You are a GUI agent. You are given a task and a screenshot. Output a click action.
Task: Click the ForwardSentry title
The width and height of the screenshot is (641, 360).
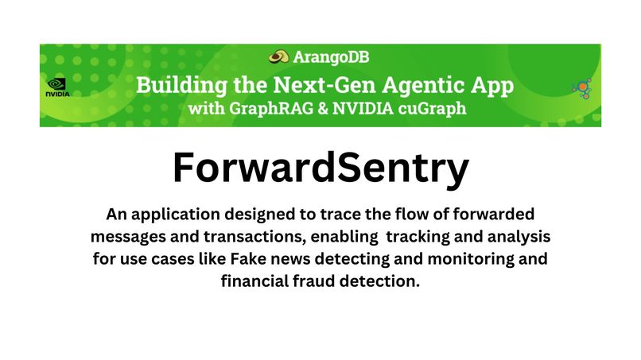[320, 168]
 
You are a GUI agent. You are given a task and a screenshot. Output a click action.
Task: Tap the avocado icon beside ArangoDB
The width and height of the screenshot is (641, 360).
[278, 56]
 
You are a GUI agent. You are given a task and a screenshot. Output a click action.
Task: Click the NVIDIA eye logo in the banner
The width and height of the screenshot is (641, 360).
[57, 83]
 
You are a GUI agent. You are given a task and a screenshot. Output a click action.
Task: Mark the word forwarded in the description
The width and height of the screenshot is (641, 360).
[486, 215]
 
